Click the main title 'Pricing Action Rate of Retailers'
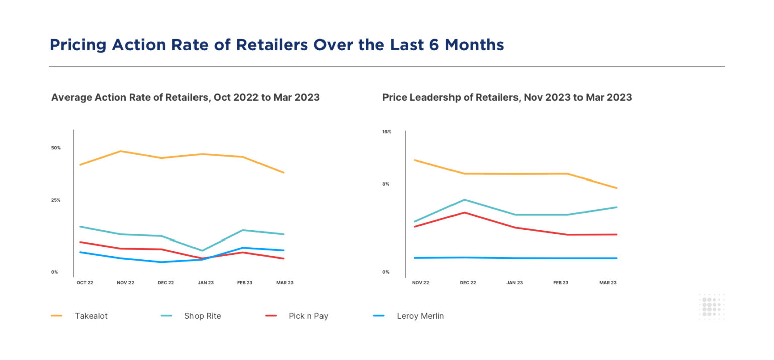coord(277,45)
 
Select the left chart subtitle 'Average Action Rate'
coord(185,97)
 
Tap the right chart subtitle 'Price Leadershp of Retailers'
coord(507,97)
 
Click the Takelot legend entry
coord(91,316)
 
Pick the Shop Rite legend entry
coord(202,316)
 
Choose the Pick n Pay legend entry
coord(308,316)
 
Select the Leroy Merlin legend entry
coord(420,316)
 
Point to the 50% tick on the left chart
coord(56,148)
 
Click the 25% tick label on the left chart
coord(56,200)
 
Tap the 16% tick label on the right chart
coord(386,132)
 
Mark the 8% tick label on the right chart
coord(385,184)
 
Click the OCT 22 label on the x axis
coord(85,283)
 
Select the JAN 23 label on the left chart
coord(205,283)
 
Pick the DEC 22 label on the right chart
coord(468,283)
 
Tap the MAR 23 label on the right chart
coord(608,283)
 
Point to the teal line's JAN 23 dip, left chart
coord(202,250)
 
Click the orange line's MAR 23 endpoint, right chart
coord(617,188)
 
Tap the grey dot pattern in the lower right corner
coord(712,307)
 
